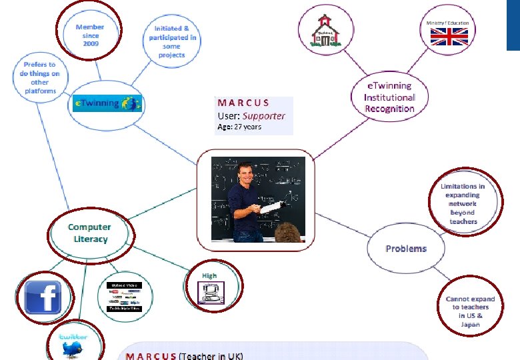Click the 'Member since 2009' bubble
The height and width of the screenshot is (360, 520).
click(x=90, y=35)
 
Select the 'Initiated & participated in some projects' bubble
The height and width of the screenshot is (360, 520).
click(x=171, y=42)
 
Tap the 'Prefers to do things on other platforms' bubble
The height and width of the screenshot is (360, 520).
click(x=40, y=77)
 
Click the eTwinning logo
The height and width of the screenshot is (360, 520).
click(x=107, y=103)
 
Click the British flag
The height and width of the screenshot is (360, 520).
click(x=448, y=37)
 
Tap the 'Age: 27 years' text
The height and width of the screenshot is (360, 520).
click(x=239, y=127)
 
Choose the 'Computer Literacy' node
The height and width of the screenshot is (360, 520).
click(x=90, y=233)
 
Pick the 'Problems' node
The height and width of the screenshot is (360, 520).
click(x=405, y=249)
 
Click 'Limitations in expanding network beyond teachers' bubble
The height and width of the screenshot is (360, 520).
click(x=463, y=203)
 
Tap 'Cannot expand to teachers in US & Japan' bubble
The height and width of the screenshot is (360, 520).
click(x=470, y=311)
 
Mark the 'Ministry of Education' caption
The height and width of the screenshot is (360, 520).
click(x=448, y=23)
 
